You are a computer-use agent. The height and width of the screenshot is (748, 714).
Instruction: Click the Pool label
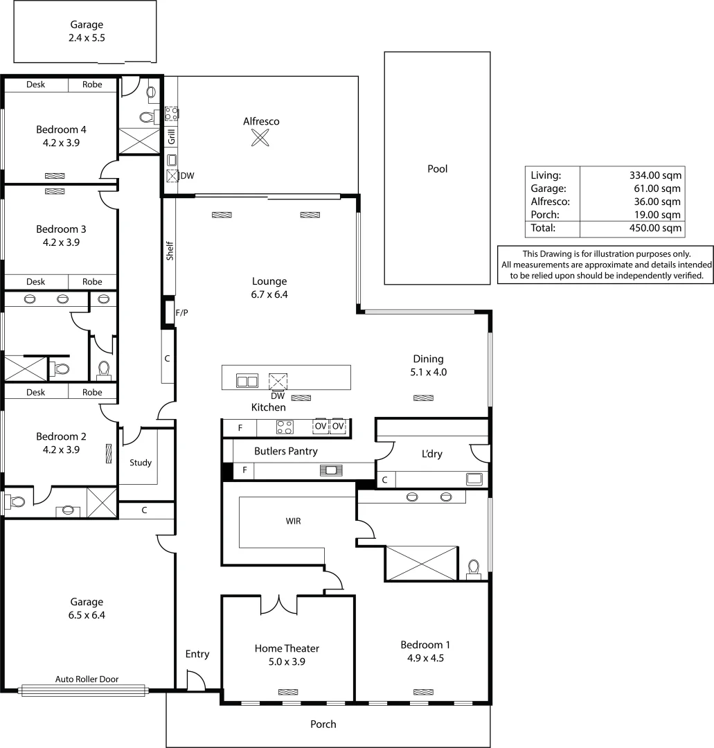(437, 168)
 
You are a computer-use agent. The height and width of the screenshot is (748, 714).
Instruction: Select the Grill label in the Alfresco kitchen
(171, 136)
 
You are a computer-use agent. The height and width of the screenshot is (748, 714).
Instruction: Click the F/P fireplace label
(181, 313)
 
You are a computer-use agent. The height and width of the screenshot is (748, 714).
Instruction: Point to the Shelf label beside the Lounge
(170, 251)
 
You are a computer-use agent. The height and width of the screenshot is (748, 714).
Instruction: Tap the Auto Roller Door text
(87, 679)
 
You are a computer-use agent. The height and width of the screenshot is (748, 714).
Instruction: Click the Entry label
(197, 654)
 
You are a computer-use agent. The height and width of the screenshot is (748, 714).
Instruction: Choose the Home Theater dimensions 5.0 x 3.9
(287, 661)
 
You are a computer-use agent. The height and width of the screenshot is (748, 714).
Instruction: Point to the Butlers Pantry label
(285, 451)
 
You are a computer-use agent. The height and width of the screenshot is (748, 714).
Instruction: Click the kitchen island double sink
(247, 380)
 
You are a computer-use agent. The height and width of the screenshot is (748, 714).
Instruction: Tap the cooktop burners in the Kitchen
(285, 427)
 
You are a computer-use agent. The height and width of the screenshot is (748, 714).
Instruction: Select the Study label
(141, 463)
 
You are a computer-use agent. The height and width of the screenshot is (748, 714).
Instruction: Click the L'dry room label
(431, 454)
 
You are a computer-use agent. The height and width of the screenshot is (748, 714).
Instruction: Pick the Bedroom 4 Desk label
(36, 84)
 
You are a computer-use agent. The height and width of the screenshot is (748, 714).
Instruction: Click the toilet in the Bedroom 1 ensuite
(474, 569)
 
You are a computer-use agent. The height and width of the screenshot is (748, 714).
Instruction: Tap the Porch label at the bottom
(323, 724)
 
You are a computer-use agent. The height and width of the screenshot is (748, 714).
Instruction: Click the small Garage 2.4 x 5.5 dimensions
(86, 39)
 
